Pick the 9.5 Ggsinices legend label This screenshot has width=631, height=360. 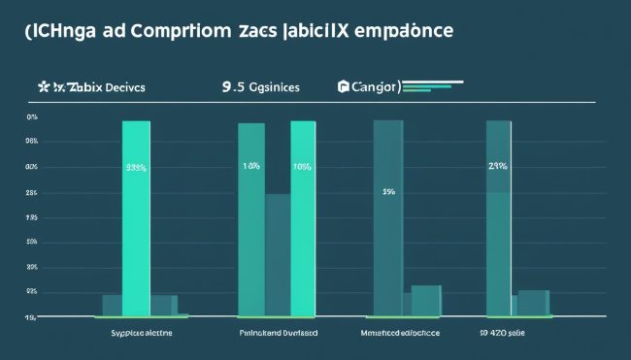tap(260, 86)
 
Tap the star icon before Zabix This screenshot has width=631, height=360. tap(43, 86)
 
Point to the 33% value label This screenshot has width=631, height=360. tap(136, 167)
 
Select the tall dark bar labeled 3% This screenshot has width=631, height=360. tap(388, 217)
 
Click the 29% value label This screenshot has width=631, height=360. tap(498, 166)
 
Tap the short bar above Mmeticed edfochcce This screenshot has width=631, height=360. tap(425, 300)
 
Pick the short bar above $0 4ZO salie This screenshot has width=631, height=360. tap(533, 302)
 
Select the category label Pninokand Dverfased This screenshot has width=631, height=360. tap(278, 331)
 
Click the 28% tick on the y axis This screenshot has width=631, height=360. tap(31, 192)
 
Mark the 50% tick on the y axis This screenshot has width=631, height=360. tap(31, 242)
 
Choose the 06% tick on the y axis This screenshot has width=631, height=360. tap(31, 142)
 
